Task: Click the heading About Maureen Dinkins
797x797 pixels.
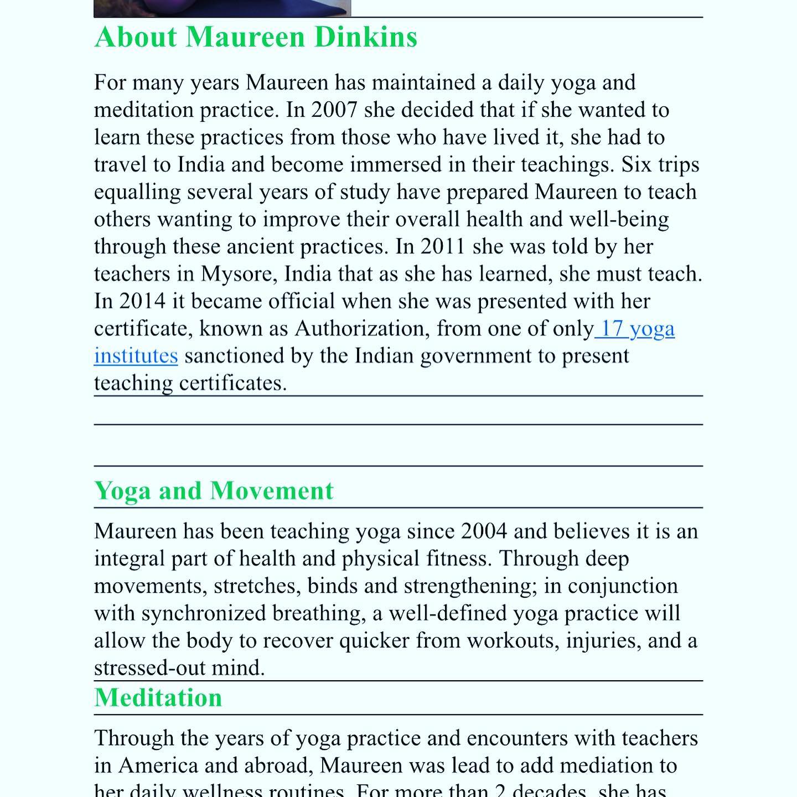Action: (256, 38)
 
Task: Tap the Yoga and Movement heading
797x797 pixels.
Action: (214, 491)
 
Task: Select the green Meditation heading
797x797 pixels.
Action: (158, 697)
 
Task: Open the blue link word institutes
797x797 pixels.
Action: (136, 356)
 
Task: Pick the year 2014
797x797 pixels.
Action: (142, 302)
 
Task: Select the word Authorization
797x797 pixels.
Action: (362, 329)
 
